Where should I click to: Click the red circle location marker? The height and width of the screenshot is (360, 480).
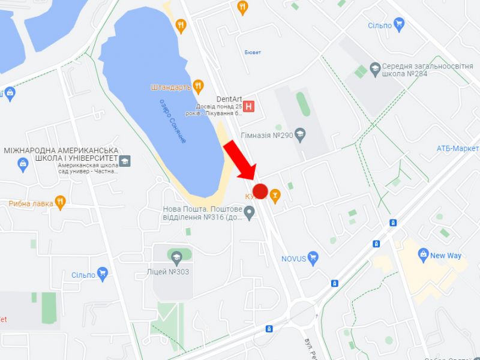(260, 191)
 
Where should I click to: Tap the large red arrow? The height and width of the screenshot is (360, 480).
(241, 160)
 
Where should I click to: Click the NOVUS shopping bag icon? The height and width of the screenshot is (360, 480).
(313, 259)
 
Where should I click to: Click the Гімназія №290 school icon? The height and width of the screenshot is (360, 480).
(300, 135)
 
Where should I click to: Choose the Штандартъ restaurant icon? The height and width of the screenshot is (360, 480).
(199, 87)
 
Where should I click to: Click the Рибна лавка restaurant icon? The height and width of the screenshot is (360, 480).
(59, 203)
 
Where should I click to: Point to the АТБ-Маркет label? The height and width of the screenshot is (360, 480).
(458, 148)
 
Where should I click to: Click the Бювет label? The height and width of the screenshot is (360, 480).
(253, 53)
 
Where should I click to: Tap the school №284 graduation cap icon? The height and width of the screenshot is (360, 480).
(376, 68)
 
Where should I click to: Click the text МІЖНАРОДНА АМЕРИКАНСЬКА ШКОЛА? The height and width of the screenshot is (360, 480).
(61, 150)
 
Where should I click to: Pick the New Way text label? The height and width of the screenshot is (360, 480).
(446, 256)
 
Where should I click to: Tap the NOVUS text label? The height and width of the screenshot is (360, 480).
(294, 259)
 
